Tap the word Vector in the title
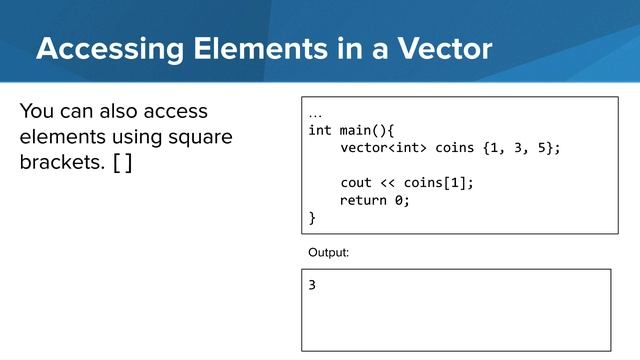439,48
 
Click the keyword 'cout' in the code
356,183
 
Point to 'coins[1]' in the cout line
439,183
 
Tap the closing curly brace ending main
312,217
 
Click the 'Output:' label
329,253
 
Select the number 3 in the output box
312,285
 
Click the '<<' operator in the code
389,183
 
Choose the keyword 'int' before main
320,131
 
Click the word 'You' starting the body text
36,111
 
